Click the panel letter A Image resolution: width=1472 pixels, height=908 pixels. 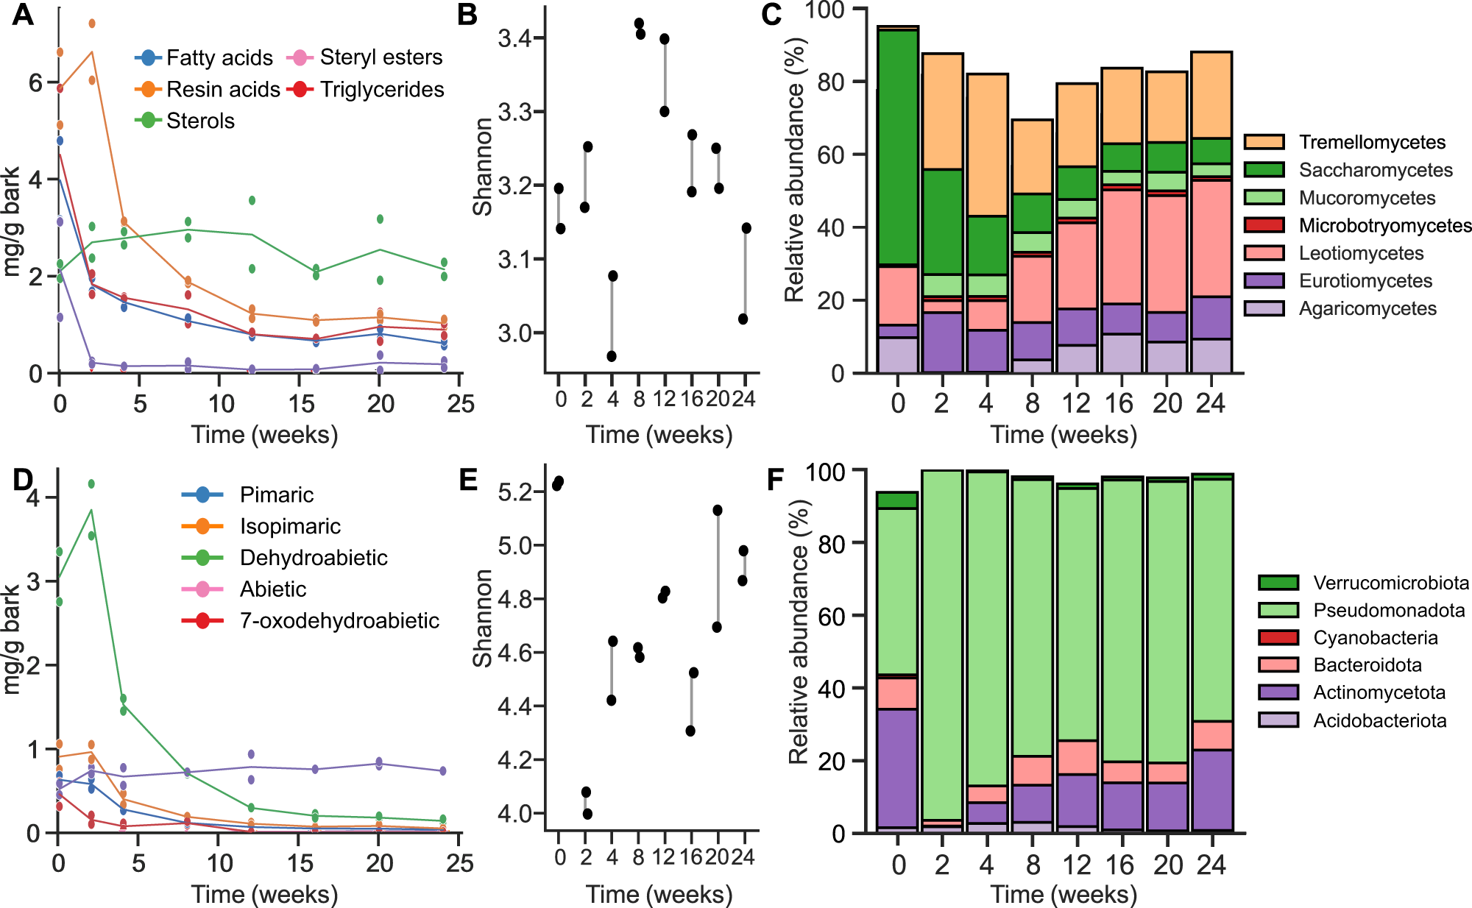click(x=22, y=15)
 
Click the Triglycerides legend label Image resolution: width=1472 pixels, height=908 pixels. click(x=382, y=89)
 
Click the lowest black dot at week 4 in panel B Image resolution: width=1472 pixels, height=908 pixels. click(x=612, y=356)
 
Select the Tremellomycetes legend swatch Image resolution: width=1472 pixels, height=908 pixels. click(x=1264, y=142)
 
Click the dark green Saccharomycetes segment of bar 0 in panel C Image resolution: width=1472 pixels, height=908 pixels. click(x=898, y=147)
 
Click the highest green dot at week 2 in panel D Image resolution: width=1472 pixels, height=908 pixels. click(x=91, y=483)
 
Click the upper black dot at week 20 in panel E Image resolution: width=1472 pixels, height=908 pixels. click(x=718, y=510)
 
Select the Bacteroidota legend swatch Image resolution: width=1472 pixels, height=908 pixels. click(x=1278, y=665)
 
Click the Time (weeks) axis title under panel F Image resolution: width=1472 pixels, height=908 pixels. click(x=1064, y=894)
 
